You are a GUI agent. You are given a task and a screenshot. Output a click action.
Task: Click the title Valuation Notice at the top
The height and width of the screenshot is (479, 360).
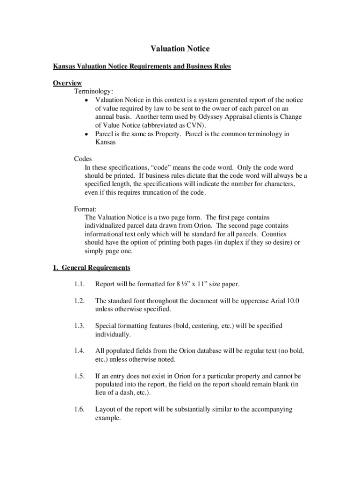click(x=180, y=49)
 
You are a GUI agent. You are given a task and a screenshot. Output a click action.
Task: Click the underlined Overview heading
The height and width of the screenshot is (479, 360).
click(x=67, y=83)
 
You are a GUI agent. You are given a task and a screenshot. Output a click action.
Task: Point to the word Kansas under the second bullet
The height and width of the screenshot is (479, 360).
click(x=106, y=142)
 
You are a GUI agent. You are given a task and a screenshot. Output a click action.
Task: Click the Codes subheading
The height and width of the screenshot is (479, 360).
click(x=83, y=159)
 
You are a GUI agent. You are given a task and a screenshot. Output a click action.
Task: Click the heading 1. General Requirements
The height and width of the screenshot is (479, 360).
click(x=91, y=268)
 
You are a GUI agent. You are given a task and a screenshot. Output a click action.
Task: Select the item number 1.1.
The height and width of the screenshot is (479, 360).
click(x=79, y=284)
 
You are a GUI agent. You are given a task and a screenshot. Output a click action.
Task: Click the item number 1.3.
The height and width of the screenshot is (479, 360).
click(x=79, y=326)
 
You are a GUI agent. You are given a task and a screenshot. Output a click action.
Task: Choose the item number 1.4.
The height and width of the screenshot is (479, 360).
click(x=79, y=351)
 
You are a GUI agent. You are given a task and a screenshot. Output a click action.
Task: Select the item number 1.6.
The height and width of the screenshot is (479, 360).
click(x=79, y=410)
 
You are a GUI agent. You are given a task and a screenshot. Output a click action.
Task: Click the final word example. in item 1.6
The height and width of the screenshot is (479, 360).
click(x=108, y=418)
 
